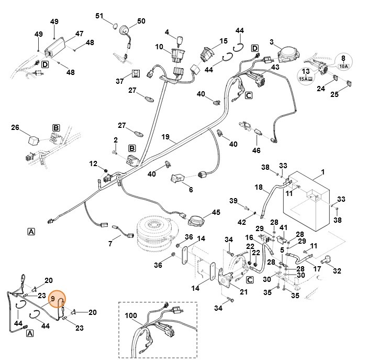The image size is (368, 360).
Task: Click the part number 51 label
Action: [x=99, y=15]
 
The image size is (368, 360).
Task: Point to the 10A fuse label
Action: [x=344, y=67]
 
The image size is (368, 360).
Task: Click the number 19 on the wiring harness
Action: [x=165, y=137]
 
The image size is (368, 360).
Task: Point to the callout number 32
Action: [x=337, y=271]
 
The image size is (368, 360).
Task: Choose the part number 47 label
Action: [x=79, y=34]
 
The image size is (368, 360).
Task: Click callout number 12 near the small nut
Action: [x=93, y=164]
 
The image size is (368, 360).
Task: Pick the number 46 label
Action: [x=256, y=150]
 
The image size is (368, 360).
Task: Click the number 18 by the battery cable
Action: [x=258, y=187]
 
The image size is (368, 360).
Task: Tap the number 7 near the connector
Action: [x=110, y=244]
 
